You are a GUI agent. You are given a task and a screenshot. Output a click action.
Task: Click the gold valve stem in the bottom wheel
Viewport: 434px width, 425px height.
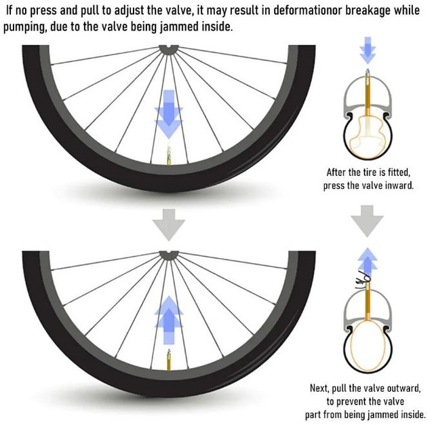click(167, 357)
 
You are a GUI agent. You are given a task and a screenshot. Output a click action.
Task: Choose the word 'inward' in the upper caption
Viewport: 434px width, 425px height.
click(397, 185)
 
